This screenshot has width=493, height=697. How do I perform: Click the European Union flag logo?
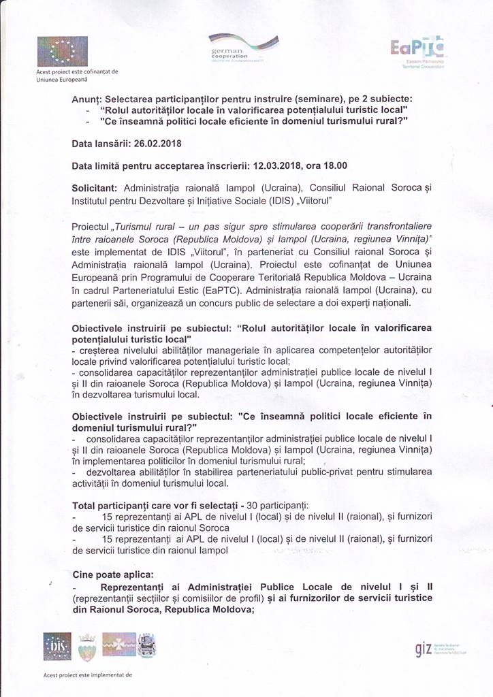(62, 52)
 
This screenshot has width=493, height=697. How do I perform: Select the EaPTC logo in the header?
(417, 48)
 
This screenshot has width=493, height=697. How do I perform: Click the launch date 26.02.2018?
(159, 145)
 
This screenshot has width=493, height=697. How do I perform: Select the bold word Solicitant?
(95, 186)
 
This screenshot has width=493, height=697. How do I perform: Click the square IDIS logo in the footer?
(57, 645)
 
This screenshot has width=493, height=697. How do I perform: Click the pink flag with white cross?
(118, 644)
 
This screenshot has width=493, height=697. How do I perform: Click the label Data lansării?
(101, 145)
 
